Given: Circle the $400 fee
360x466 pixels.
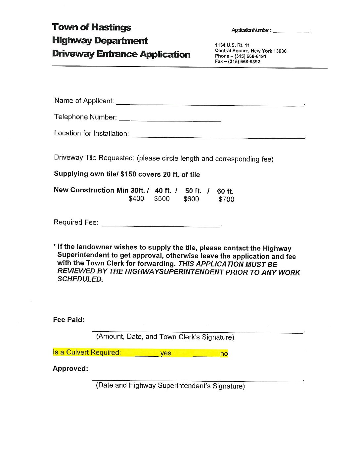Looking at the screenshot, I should click(136, 199).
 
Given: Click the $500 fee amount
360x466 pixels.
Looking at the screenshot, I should click(162, 199).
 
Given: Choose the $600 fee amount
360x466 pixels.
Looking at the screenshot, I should click(191, 199).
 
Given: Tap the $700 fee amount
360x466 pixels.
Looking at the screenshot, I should click(226, 199).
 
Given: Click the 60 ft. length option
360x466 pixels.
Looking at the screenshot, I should click(225, 191).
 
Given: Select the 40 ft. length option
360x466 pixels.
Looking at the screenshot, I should click(163, 191).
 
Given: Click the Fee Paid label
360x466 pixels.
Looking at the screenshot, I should click(68, 319).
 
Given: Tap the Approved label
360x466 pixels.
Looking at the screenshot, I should click(70, 368).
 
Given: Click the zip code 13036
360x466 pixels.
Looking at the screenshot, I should click(280, 51).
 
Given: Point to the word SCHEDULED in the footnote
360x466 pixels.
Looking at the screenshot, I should click(80, 279).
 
